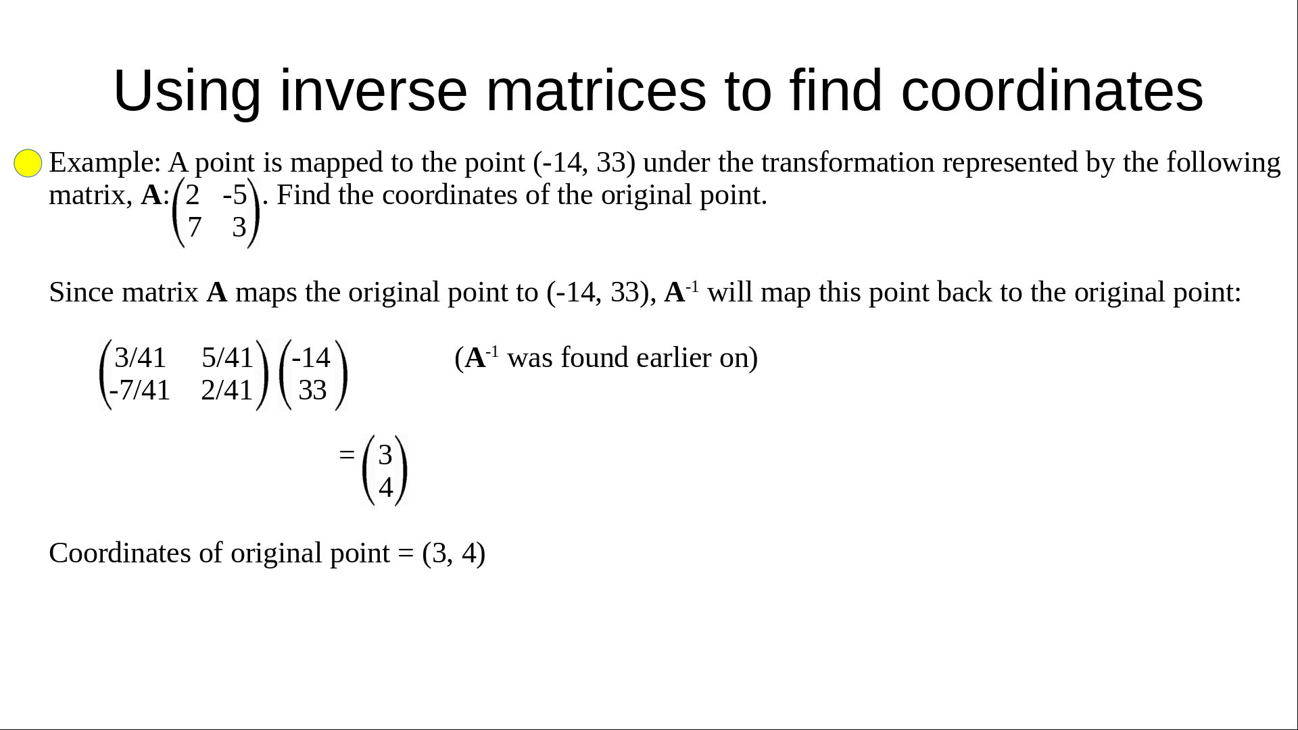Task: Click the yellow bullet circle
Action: [28, 164]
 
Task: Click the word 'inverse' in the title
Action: [373, 91]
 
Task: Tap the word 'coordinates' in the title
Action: [1052, 91]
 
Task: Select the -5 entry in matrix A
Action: [235, 195]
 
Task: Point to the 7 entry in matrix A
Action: [195, 227]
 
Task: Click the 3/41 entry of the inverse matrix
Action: [141, 358]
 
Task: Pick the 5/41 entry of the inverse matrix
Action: [228, 358]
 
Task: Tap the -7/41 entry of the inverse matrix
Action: [140, 390]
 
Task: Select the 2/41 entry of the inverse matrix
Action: [227, 390]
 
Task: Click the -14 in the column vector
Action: [311, 358]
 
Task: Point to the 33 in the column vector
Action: [312, 390]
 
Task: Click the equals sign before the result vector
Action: [347, 455]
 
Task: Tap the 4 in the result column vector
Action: [385, 487]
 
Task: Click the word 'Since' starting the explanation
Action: [82, 293]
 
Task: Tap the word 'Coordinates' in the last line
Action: [120, 553]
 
